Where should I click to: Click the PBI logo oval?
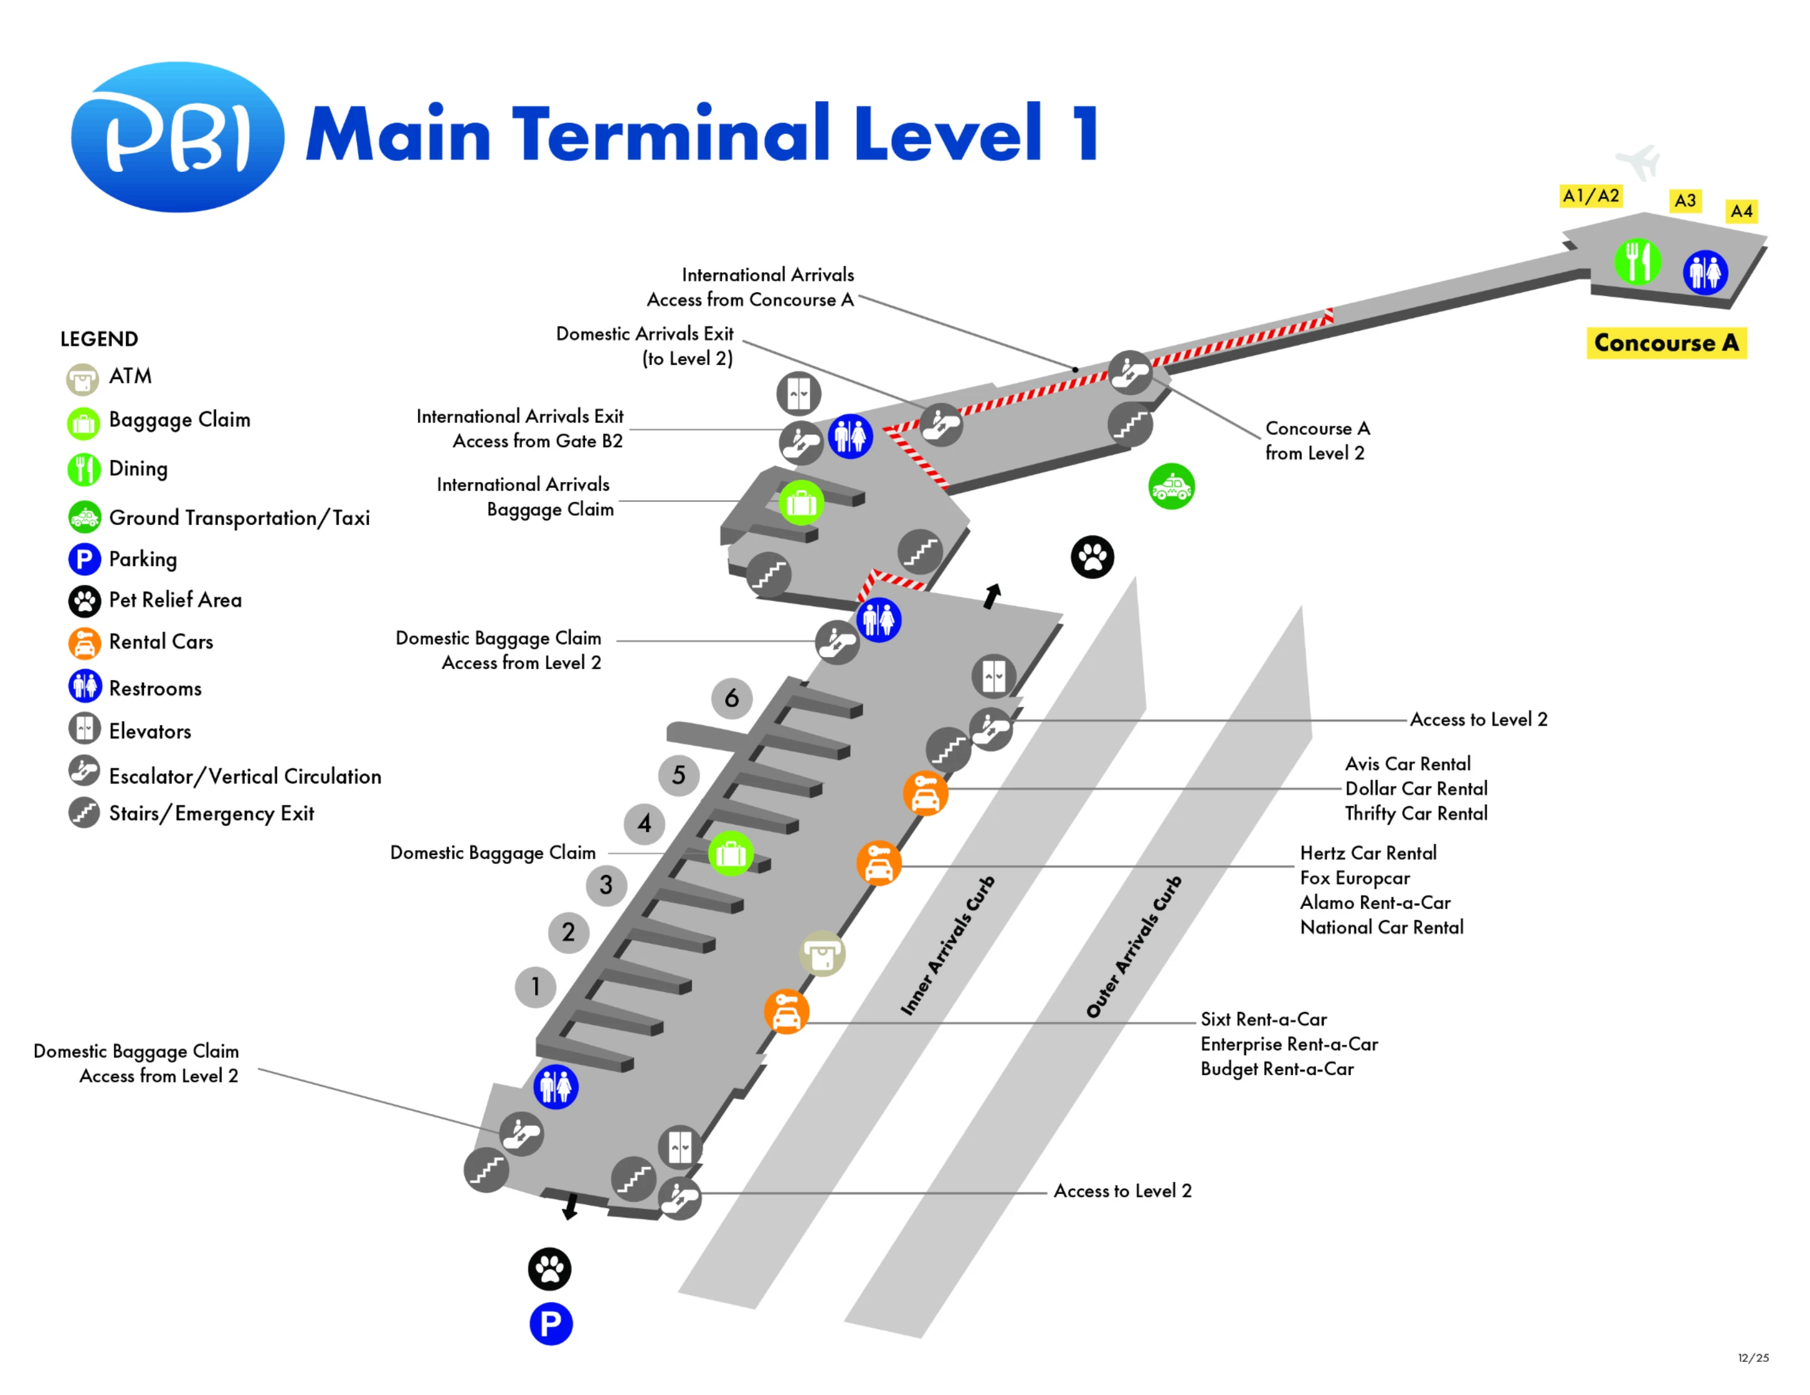[177, 137]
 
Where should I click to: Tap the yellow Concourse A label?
[1666, 342]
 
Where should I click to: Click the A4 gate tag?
[1741, 211]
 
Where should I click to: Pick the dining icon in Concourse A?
[1637, 262]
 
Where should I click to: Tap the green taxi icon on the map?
[1171, 486]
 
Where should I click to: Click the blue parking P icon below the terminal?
[550, 1324]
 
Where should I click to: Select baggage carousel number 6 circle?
[731, 698]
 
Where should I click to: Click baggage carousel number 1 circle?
[535, 987]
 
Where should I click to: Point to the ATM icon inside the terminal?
[822, 954]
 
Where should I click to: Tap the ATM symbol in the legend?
[83, 380]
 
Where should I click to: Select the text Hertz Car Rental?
[1367, 853]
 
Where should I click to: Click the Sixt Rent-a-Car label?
[1263, 1018]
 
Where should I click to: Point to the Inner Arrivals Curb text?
[947, 945]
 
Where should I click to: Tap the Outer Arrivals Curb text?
[1134, 947]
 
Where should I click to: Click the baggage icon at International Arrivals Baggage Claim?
[801, 502]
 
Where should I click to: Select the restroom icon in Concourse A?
[1705, 272]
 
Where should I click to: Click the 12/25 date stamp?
[1753, 1358]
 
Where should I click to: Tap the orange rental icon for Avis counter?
[925, 793]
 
